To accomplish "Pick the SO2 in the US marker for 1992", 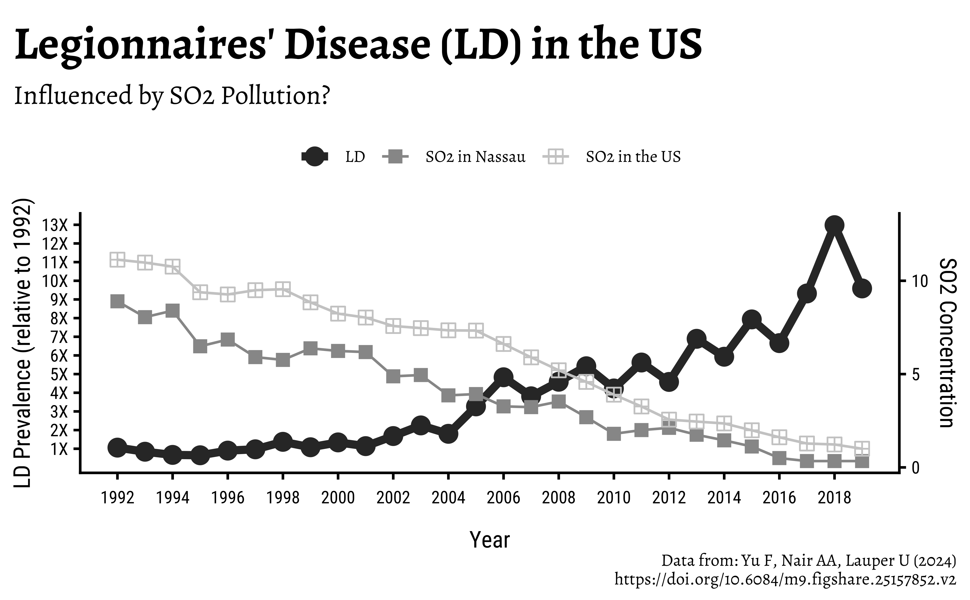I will [x=117, y=260].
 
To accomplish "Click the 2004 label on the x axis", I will [x=448, y=497].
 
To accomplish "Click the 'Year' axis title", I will [x=490, y=540].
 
